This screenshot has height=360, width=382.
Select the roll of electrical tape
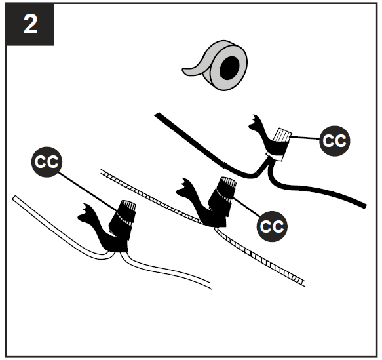click(x=216, y=68)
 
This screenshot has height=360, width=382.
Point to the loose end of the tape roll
click(x=191, y=71)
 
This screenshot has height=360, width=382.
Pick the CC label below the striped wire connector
click(x=271, y=226)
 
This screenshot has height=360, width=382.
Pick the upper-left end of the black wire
click(x=157, y=115)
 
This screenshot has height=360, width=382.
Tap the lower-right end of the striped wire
click(x=301, y=282)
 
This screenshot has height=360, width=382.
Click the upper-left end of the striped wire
click(x=103, y=171)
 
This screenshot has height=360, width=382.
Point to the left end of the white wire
click(x=16, y=197)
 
